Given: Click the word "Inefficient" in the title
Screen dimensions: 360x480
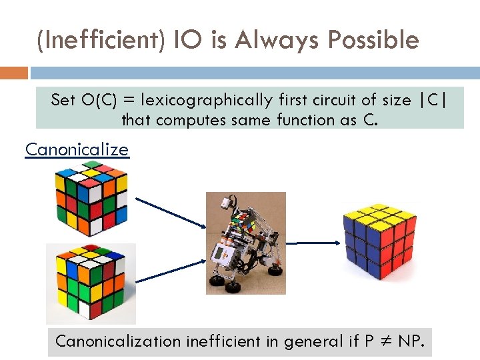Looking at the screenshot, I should [x=93, y=41].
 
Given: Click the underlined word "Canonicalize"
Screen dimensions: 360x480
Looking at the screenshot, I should [x=77, y=149].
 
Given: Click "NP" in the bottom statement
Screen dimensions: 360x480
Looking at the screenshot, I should [x=408, y=341].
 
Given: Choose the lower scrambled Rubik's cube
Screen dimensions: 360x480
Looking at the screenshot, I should [x=91, y=283].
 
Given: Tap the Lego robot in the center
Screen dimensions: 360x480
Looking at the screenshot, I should [x=245, y=243].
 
